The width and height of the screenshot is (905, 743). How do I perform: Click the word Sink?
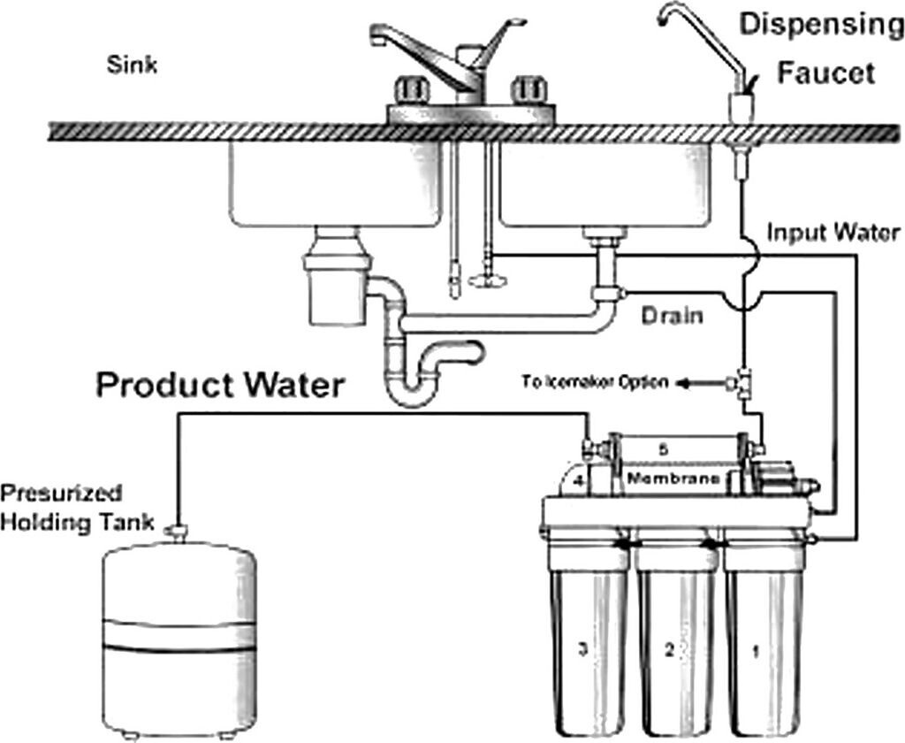pyautogui.click(x=132, y=65)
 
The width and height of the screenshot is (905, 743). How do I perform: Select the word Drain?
pyautogui.click(x=672, y=315)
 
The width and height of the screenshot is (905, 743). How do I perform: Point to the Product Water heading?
pyautogui.click(x=218, y=386)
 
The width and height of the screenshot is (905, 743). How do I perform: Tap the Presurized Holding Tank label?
pyautogui.click(x=62, y=507)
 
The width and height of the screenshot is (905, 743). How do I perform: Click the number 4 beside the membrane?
pyautogui.click(x=577, y=481)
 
